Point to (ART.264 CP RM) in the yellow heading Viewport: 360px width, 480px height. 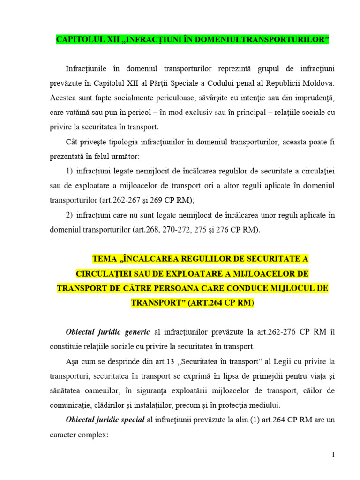(x=221, y=302)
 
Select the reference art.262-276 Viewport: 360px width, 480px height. (x=267, y=332)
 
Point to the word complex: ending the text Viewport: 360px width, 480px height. (x=93, y=435)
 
